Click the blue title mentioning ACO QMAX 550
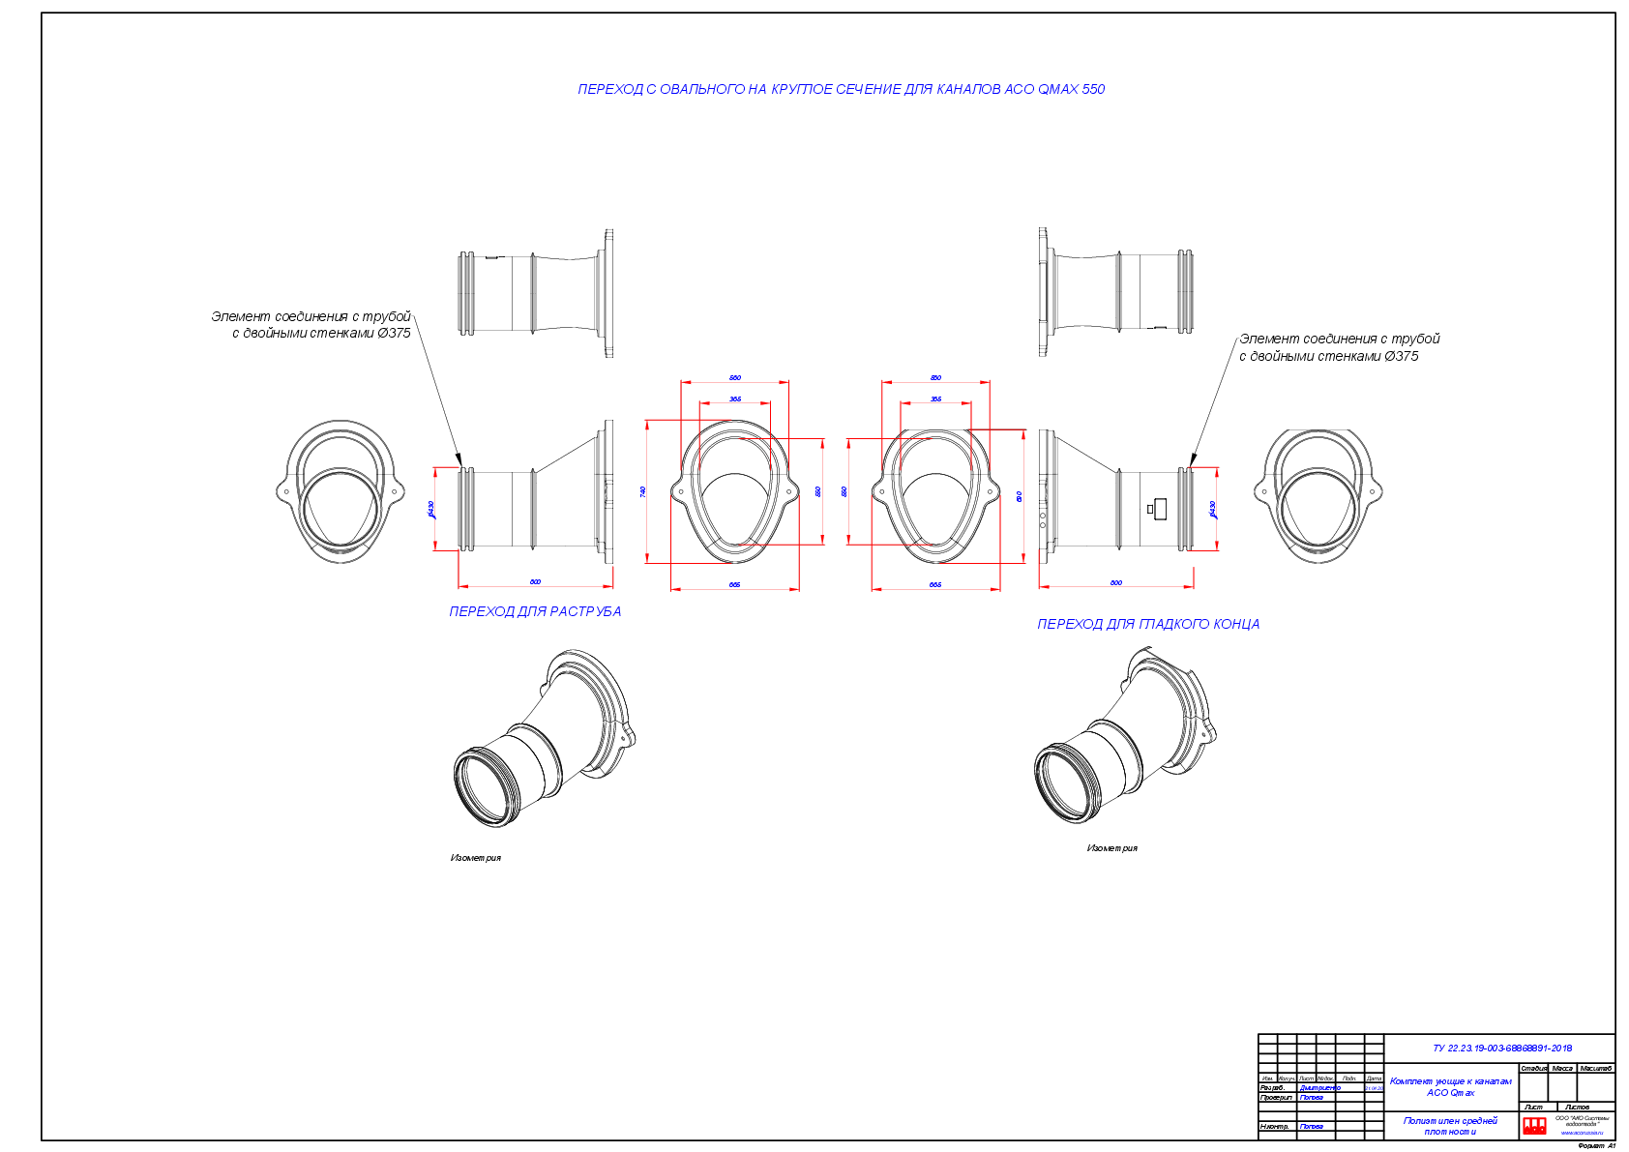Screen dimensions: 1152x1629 click(841, 89)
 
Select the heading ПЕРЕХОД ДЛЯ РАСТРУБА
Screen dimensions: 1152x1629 click(535, 611)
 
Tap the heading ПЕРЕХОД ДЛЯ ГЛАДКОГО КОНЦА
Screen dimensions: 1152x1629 click(1148, 624)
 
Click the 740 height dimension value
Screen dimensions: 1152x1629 click(643, 491)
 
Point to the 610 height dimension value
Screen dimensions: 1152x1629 click(1020, 496)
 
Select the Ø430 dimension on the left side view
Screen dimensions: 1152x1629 click(431, 509)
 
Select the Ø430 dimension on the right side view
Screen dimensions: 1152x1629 click(1212, 509)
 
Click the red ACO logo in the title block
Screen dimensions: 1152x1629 click(1534, 1125)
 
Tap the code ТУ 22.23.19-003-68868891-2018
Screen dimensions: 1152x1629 click(1501, 1048)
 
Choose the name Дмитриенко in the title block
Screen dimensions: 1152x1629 click(1319, 1088)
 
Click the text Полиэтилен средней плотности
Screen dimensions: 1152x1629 click(1450, 1126)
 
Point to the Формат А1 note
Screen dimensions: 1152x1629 click(1596, 1145)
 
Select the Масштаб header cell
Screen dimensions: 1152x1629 click(1596, 1068)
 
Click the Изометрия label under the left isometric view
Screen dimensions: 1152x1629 click(475, 858)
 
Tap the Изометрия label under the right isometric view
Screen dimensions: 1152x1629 click(1111, 848)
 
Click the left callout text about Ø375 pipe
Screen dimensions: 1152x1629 click(311, 324)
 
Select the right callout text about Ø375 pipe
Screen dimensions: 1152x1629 click(1339, 347)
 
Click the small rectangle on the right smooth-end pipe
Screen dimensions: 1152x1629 click(1160, 508)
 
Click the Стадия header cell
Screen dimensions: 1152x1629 click(1533, 1068)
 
